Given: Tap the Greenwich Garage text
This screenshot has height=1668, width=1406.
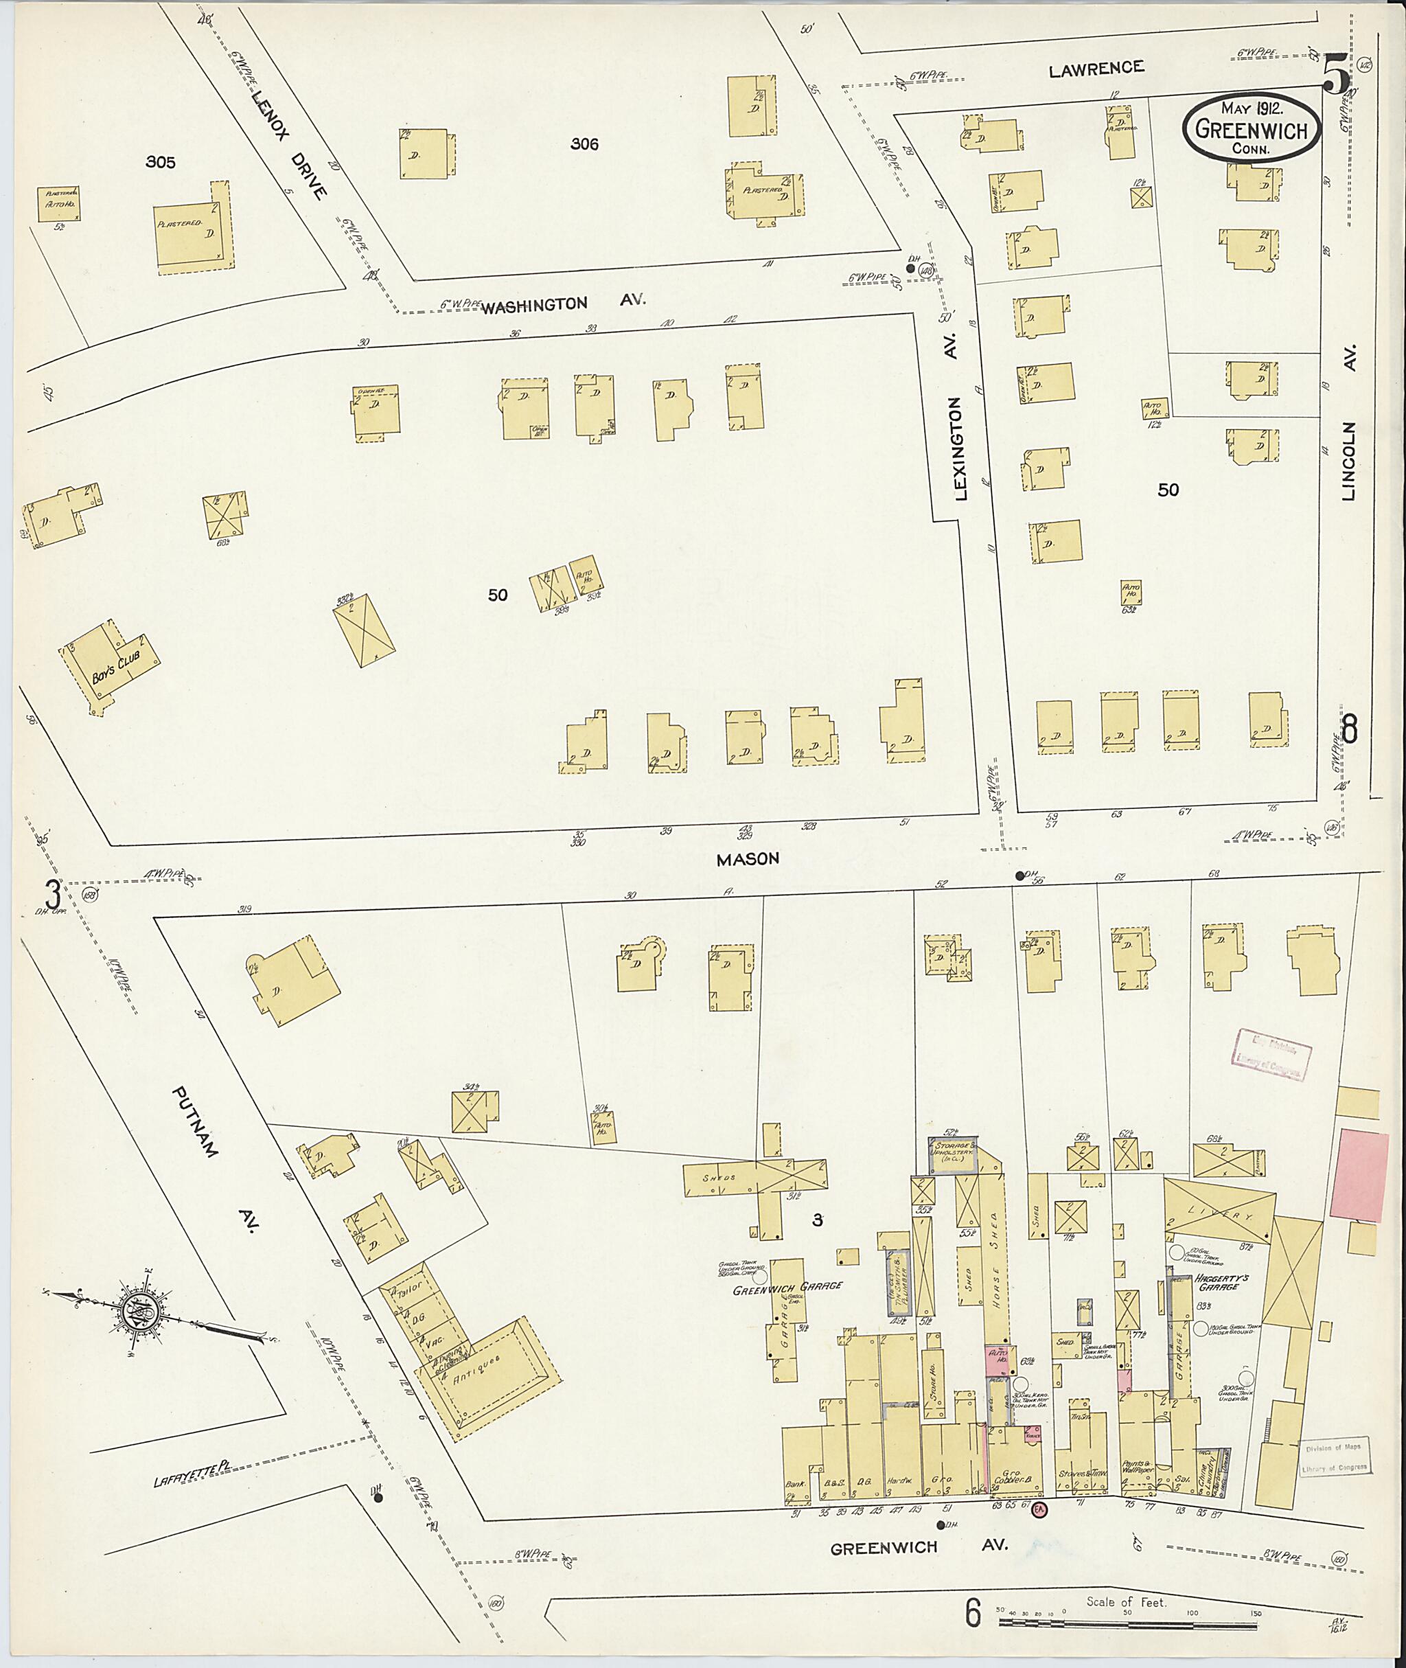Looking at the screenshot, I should click(x=787, y=1286).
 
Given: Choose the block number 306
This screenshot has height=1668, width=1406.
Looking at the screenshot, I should click(x=584, y=144).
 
